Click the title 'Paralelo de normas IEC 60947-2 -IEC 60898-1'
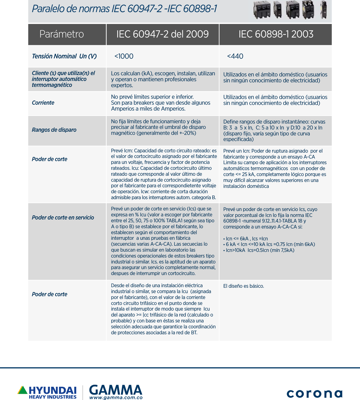[124, 9]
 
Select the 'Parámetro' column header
[62, 34]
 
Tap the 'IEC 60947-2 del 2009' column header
[162, 34]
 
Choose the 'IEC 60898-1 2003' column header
[276, 34]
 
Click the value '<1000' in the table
[124, 56]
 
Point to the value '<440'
[235, 56]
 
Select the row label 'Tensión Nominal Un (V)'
[64, 56]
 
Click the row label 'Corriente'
[43, 103]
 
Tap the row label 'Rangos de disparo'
[54, 130]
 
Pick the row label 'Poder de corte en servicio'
[63, 217]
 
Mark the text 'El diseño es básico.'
[243, 286]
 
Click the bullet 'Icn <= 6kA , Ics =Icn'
[246, 239]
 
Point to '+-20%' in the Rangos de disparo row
[187, 133]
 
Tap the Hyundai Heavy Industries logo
[47, 392]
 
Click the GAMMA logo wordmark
[116, 390]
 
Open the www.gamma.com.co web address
[116, 398]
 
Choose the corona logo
[314, 393]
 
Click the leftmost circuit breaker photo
[262, 10]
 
